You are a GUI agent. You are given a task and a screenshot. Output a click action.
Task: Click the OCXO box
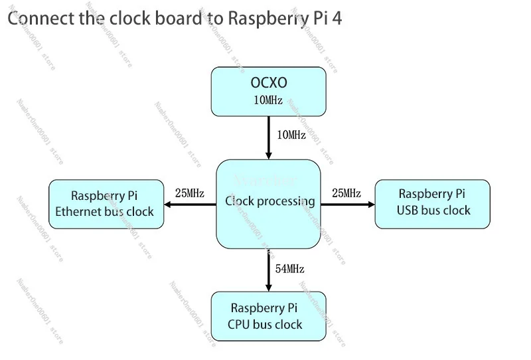click(268, 92)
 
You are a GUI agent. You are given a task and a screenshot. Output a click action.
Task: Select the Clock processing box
click(268, 203)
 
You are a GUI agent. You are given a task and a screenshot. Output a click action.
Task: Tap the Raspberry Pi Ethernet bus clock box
click(107, 204)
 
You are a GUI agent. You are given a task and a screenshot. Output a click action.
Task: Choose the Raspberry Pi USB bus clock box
click(433, 203)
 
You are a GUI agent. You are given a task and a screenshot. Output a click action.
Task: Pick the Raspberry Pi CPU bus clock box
click(268, 316)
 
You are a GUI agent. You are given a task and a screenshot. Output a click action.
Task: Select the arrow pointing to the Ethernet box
click(190, 205)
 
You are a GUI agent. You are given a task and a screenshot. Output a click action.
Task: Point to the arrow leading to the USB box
click(348, 205)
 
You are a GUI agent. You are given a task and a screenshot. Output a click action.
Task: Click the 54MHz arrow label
click(290, 269)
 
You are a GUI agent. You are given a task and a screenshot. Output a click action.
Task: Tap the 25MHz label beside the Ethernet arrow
click(189, 193)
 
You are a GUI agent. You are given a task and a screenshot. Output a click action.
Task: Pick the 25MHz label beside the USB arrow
click(346, 193)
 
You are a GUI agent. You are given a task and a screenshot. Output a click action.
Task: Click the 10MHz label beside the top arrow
click(291, 135)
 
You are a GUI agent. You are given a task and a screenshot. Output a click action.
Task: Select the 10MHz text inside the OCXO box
click(268, 101)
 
